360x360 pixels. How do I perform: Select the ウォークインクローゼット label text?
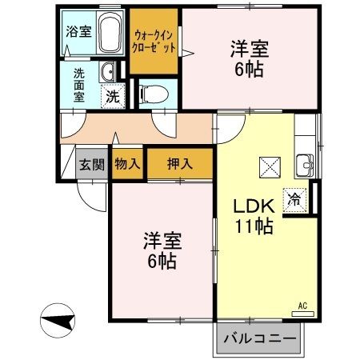[155, 41]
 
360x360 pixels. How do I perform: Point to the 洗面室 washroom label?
[79, 84]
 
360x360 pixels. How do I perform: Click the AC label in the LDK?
[302, 306]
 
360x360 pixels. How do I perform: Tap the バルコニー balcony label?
[258, 338]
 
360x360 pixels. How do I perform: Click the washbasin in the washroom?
[106, 72]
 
